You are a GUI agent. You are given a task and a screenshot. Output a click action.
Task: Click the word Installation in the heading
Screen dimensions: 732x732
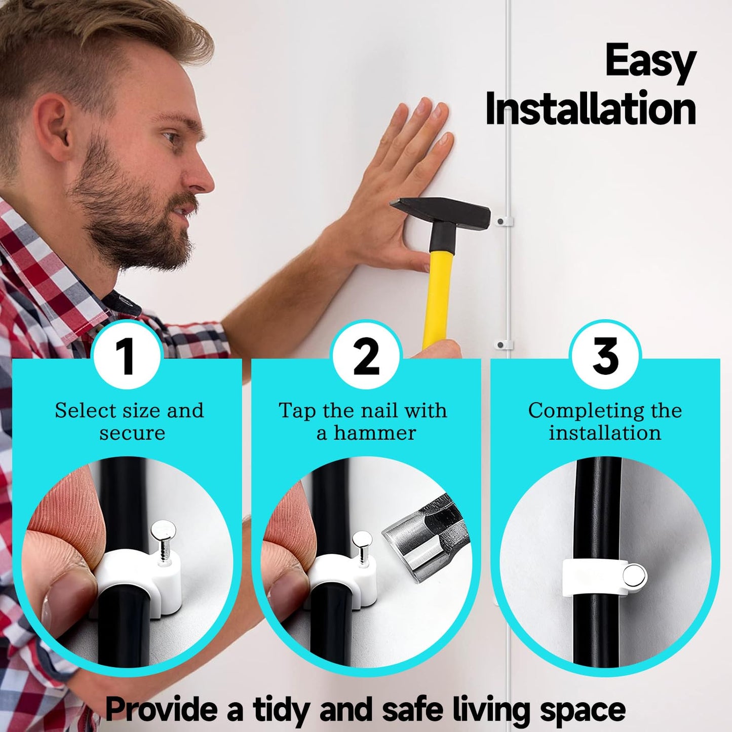point(591,109)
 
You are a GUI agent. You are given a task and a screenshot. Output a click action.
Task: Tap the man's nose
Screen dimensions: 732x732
point(201,175)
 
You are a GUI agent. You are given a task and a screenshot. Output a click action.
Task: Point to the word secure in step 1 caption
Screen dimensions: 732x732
point(132,434)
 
